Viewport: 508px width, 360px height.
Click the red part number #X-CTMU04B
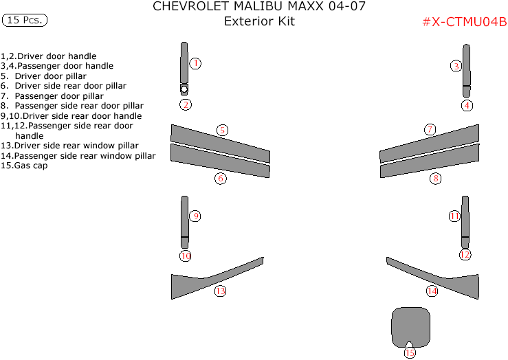pos(465,22)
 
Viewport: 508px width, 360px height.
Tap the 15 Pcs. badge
pos(25,20)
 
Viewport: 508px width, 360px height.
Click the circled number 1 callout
pos(195,63)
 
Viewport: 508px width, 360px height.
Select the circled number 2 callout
pos(186,104)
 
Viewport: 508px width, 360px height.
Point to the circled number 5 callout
pos(222,130)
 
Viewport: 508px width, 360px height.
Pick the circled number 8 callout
pos(435,178)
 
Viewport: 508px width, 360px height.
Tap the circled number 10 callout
pos(186,256)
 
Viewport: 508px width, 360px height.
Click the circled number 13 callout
pos(220,291)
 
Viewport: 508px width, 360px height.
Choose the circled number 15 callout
pos(410,352)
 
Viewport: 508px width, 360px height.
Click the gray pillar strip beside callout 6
pos(220,161)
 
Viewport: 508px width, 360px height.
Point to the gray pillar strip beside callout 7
pos(429,144)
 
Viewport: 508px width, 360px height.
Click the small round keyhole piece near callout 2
pos(184,89)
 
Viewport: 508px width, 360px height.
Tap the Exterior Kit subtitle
pos(260,21)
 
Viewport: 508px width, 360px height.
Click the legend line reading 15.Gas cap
pos(24,166)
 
